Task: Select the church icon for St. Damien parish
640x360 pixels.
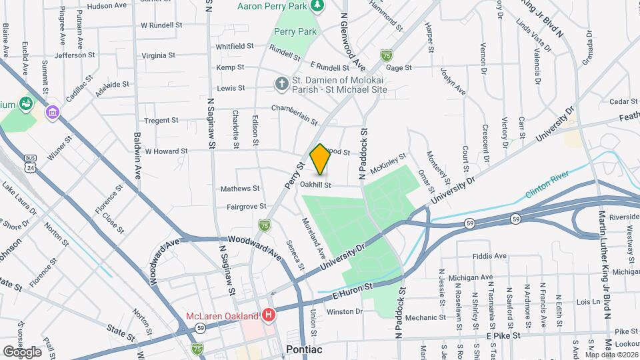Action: tap(282, 85)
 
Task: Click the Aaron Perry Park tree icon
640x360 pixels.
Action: tap(318, 5)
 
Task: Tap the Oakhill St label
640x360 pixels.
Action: tap(315, 185)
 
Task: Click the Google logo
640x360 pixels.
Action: tap(22, 351)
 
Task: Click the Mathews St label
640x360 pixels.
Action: tap(240, 189)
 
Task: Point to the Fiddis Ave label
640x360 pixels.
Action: tap(489, 255)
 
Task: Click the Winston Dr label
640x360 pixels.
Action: tap(345, 311)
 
